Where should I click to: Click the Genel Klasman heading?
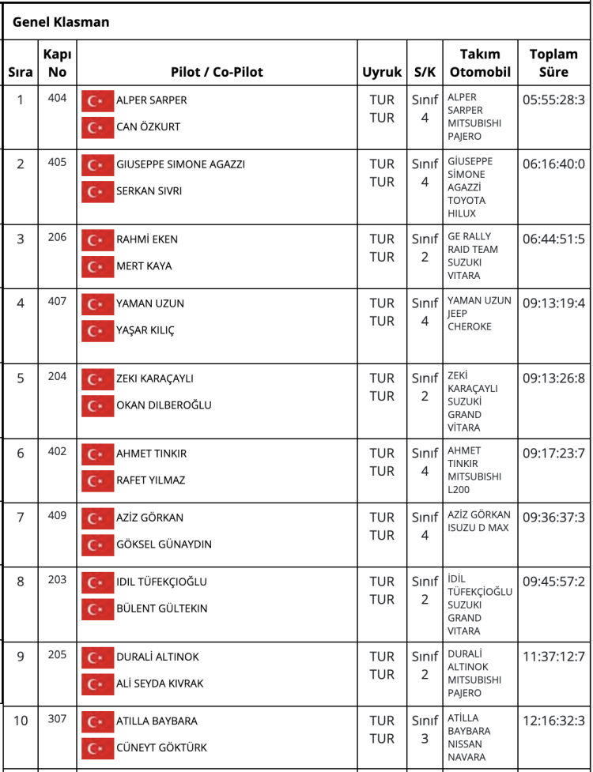point(61,22)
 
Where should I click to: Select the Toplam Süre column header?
point(553,63)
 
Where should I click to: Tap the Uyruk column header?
point(382,72)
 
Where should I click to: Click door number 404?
point(57,98)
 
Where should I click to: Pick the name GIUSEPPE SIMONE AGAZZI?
point(180,164)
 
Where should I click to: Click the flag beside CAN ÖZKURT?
point(98,126)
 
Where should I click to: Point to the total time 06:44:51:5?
point(553,239)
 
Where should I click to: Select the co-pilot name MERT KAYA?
point(144,266)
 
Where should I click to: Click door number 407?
point(57,301)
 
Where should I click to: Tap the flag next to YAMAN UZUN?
point(98,303)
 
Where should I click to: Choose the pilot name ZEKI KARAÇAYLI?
point(155,378)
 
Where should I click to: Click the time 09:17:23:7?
point(553,454)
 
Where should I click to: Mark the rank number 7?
point(21,518)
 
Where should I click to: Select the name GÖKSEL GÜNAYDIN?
point(164,544)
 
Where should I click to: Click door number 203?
point(57,579)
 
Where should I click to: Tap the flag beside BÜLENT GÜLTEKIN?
point(98,609)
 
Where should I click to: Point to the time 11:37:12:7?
point(553,657)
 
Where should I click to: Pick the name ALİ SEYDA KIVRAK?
point(160,684)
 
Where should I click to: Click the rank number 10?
point(21,721)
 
